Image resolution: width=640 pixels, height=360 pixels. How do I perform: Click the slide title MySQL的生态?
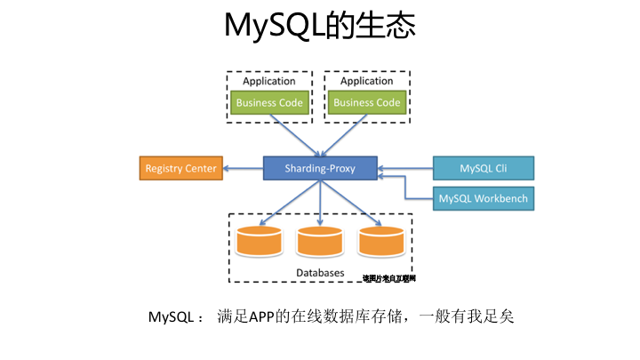[320, 27]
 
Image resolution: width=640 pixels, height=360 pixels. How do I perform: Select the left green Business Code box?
[269, 102]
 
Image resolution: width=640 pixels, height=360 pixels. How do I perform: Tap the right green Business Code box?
[366, 102]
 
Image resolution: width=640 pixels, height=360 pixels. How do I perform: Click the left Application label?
[269, 81]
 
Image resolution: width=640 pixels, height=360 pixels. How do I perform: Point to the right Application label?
[366, 81]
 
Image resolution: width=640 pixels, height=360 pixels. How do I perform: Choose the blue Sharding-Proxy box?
[320, 168]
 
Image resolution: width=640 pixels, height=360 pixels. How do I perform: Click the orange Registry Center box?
[180, 168]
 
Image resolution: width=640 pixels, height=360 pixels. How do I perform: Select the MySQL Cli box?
[483, 168]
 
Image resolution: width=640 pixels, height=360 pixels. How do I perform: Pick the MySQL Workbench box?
[483, 198]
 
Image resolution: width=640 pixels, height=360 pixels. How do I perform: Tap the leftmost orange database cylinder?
[260, 240]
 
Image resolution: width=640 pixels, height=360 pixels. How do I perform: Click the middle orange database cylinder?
[320, 240]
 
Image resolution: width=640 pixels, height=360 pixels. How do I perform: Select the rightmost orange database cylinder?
[381, 240]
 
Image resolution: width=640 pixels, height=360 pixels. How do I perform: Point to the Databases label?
[320, 271]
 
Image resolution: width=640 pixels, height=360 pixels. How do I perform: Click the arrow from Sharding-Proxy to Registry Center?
[244, 168]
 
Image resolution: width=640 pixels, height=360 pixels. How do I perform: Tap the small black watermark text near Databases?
[388, 278]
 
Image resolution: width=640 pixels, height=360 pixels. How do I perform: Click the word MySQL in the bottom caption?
[170, 317]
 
